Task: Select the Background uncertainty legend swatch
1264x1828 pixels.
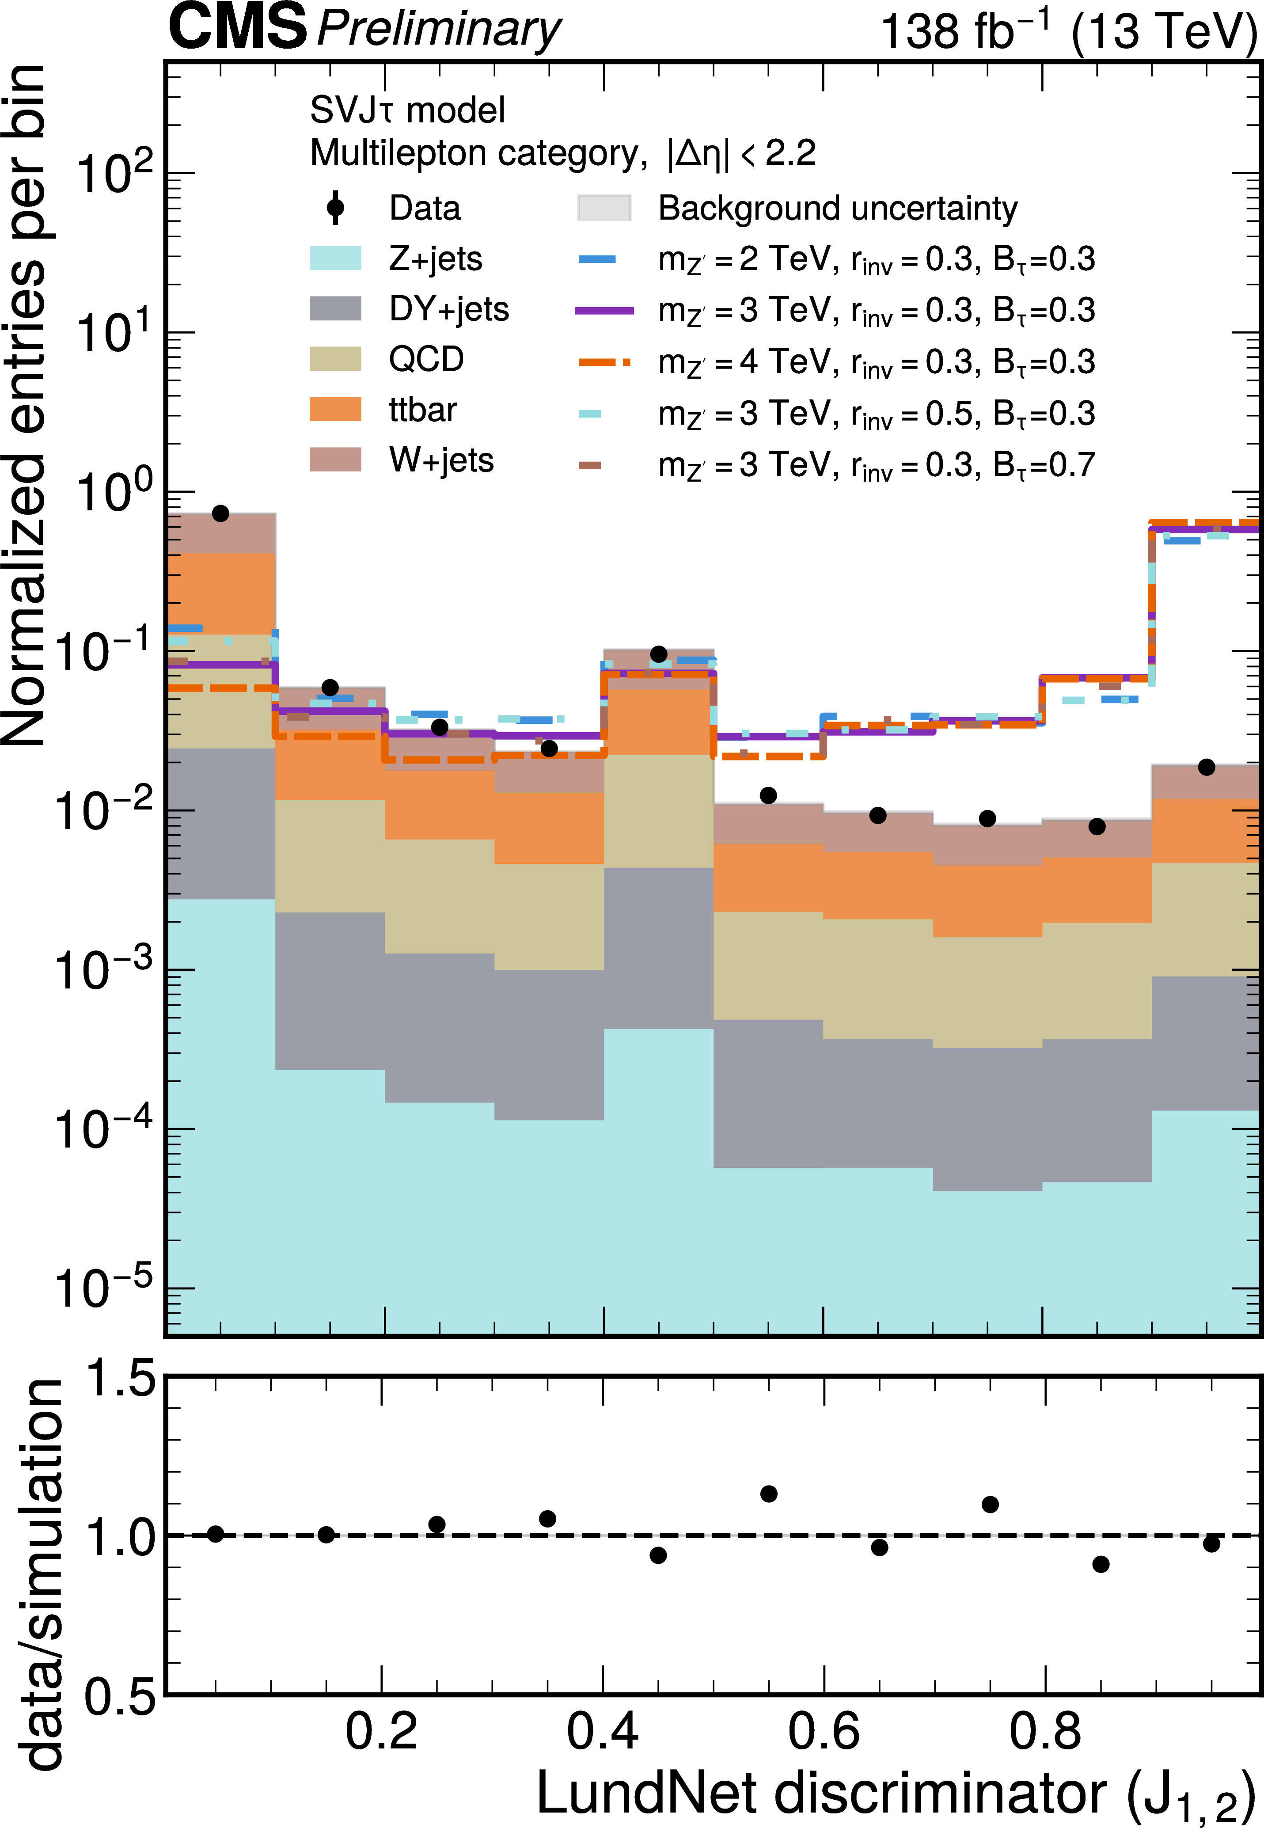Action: pos(604,208)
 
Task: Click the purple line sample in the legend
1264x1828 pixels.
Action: pos(604,311)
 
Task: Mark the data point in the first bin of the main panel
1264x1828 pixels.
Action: pos(221,513)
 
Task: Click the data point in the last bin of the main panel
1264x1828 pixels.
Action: pos(1206,767)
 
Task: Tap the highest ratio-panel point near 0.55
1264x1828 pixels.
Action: pos(768,1494)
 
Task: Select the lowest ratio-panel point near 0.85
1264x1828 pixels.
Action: pos(1100,1564)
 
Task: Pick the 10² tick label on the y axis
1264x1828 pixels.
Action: pos(115,173)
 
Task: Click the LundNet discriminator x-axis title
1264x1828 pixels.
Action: pos(895,1793)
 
